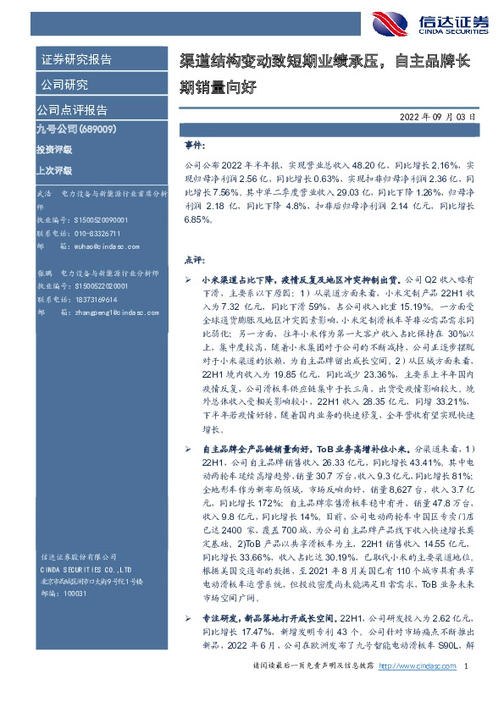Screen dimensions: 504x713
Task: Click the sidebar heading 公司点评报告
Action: click(x=71, y=110)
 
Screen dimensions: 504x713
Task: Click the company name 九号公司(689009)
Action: click(x=69, y=130)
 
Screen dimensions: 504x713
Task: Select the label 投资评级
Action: click(x=54, y=149)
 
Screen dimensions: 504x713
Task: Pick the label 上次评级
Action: click(x=54, y=169)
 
